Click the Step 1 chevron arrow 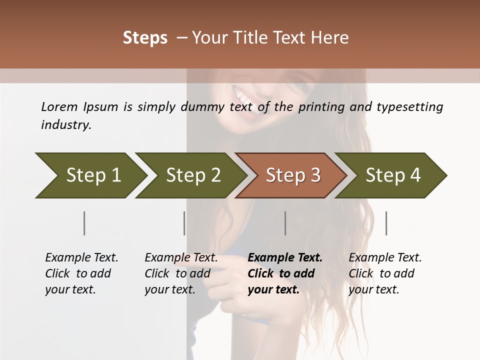click(90, 175)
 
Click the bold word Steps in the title click(145, 38)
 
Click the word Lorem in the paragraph click(59, 106)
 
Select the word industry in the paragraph click(66, 125)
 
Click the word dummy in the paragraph click(206, 107)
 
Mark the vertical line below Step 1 click(84, 223)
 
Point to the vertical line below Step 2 click(184, 223)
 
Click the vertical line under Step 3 click(285, 223)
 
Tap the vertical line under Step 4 click(386, 223)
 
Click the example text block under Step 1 click(81, 273)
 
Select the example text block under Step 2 click(181, 273)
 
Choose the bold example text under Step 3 click(285, 273)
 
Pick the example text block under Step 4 click(385, 273)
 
